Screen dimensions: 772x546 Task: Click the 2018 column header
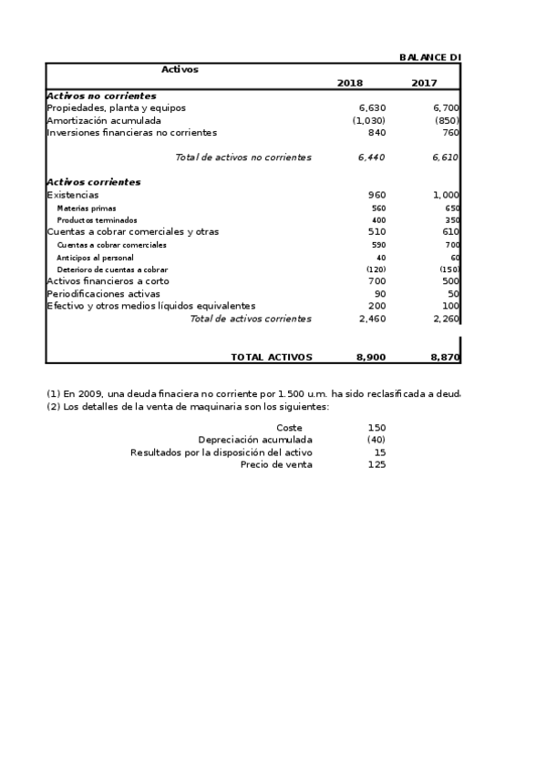[x=349, y=83]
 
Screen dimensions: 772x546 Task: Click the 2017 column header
[x=423, y=83]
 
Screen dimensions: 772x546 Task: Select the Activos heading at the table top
[x=180, y=69]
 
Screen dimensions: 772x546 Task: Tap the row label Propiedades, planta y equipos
[x=116, y=107]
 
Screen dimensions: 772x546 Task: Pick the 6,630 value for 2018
[x=372, y=107]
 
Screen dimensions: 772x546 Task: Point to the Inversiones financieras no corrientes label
[x=131, y=132]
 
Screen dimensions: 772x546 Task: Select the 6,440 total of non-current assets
[x=372, y=157]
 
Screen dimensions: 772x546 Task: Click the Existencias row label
[x=73, y=195]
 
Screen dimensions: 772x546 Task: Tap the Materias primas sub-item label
[x=87, y=208]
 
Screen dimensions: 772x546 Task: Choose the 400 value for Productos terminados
[x=378, y=220]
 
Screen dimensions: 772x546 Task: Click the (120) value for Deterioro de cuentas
[x=376, y=269]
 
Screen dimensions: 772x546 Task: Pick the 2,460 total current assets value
[x=372, y=319]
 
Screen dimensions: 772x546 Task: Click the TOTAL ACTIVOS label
[x=271, y=358]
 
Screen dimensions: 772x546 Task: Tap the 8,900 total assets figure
[x=371, y=358]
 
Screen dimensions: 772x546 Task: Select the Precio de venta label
[x=276, y=464]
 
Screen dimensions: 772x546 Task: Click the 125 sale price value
[x=376, y=464]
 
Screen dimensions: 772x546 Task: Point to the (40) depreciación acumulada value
[x=376, y=440]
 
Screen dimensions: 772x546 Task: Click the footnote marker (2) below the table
[x=53, y=406]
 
